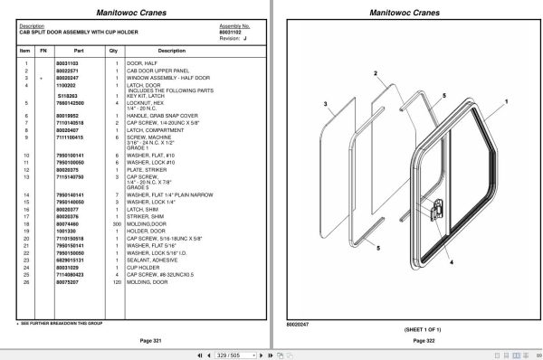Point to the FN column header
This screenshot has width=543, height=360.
[42, 51]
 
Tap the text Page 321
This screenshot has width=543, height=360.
[138, 339]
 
